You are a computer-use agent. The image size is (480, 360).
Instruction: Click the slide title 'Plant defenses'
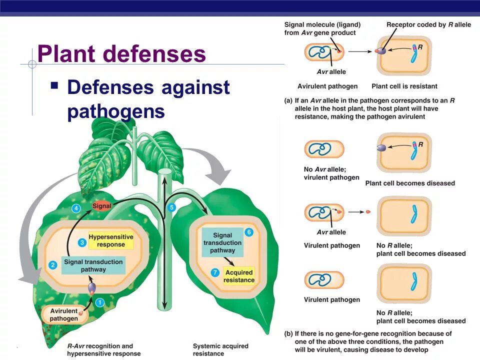click(121, 54)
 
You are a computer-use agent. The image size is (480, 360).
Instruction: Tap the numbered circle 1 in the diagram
click(99, 302)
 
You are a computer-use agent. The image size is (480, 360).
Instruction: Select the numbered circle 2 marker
click(53, 264)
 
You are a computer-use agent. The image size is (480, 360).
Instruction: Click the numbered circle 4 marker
click(76, 208)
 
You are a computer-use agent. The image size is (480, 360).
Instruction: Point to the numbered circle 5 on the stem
click(171, 207)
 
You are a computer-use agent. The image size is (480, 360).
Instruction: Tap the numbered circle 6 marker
click(249, 232)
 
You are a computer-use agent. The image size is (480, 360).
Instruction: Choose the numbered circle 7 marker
click(215, 272)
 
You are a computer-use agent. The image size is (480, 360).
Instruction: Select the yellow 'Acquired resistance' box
click(239, 276)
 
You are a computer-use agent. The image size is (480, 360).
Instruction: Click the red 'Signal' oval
click(101, 205)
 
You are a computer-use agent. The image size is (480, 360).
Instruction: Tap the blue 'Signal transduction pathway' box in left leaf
click(93, 265)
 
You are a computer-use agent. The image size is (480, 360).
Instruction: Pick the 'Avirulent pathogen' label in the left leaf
click(64, 314)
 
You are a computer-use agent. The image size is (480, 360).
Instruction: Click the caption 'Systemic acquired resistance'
click(220, 349)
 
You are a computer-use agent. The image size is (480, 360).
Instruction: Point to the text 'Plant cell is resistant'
click(404, 86)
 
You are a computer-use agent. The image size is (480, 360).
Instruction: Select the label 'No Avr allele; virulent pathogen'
click(331, 173)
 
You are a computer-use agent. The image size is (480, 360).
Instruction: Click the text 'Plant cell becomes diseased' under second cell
click(410, 183)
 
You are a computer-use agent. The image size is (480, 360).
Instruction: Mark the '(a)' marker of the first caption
click(288, 100)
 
